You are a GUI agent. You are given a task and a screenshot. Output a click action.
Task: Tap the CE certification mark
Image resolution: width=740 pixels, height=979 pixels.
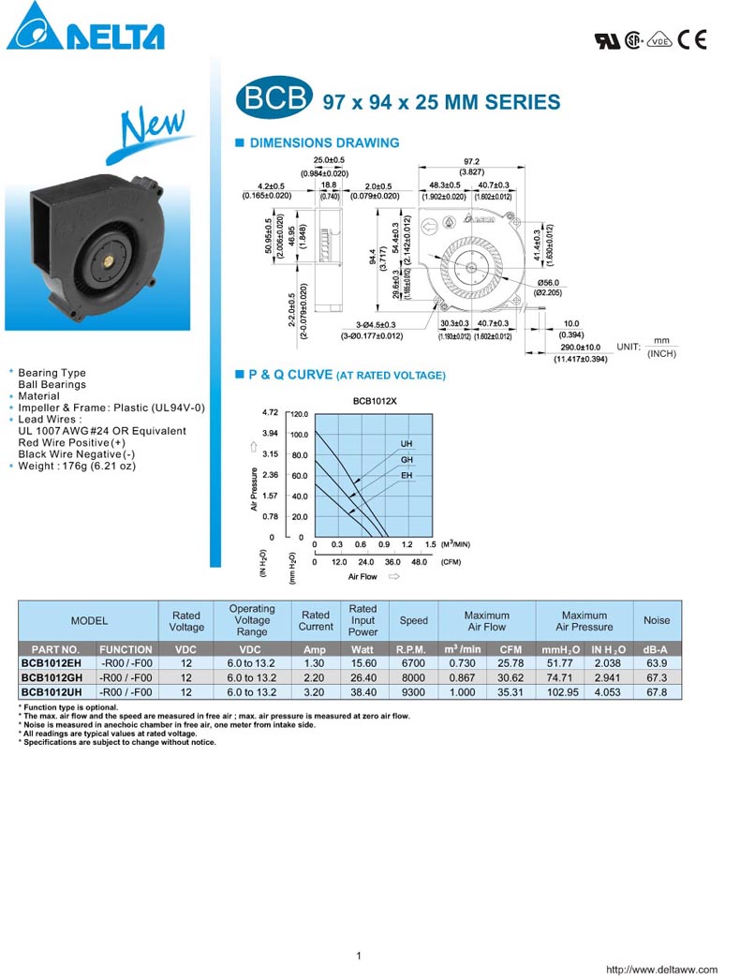(693, 39)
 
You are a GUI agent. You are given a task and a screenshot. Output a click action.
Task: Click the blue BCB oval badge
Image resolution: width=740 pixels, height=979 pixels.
(273, 100)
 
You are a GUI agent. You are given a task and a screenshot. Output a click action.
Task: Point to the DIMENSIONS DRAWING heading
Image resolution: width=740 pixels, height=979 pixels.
(323, 143)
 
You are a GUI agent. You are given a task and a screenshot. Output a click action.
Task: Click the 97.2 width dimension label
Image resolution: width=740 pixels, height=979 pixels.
(471, 161)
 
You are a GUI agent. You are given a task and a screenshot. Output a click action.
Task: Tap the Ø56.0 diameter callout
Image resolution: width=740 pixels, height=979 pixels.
(549, 283)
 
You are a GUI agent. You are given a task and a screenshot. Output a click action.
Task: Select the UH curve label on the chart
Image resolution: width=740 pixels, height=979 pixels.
(407, 443)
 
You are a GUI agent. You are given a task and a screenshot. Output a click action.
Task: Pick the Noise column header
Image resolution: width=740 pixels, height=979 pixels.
(657, 620)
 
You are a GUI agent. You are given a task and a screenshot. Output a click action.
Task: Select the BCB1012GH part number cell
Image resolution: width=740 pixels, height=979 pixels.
(54, 677)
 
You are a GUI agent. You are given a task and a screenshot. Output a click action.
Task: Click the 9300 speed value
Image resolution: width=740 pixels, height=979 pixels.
(412, 692)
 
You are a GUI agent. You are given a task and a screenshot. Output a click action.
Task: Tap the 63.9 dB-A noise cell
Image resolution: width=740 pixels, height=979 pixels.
(657, 662)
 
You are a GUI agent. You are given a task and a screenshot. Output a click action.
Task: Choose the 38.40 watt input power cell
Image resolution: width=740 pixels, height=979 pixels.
(363, 692)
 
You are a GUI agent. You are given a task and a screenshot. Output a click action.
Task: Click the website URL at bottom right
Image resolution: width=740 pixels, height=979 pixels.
(662, 970)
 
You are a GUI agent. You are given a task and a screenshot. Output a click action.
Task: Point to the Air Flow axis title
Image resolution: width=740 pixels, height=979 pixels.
(363, 577)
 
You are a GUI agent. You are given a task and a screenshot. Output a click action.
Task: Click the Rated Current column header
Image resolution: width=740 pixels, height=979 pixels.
(316, 620)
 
